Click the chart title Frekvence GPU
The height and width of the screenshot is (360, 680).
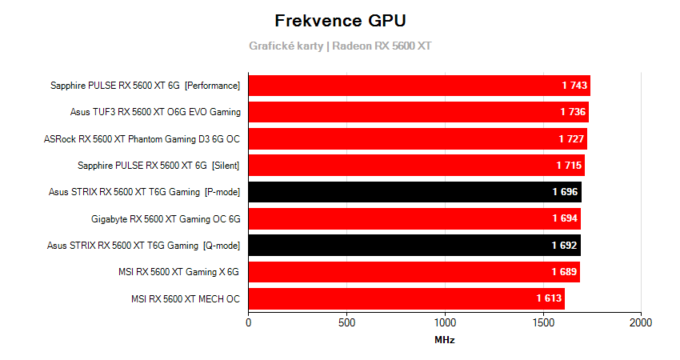(x=339, y=20)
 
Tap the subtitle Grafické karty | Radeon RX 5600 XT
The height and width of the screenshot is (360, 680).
(x=339, y=46)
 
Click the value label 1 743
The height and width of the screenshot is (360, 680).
(x=574, y=86)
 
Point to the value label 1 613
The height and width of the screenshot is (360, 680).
(x=549, y=298)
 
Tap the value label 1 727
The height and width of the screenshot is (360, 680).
(x=571, y=139)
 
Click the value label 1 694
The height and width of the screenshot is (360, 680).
(x=565, y=218)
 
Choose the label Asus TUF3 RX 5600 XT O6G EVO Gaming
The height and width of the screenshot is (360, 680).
(x=155, y=112)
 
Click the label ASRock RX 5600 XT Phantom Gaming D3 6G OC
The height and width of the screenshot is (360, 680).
(x=142, y=139)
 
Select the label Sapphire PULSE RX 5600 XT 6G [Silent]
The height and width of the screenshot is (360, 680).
(x=159, y=166)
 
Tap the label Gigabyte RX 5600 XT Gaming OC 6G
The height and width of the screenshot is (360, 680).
(x=166, y=218)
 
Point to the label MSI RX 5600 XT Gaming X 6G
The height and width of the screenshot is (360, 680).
(x=178, y=272)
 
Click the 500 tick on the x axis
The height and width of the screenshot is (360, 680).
(x=346, y=322)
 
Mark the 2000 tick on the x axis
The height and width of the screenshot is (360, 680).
(x=640, y=322)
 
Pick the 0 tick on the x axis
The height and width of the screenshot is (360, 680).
(x=249, y=322)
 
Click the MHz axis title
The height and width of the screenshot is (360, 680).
(x=445, y=340)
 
